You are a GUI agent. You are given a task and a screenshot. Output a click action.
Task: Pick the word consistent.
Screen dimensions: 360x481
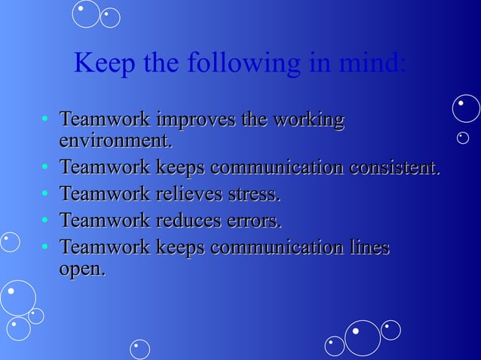point(394,167)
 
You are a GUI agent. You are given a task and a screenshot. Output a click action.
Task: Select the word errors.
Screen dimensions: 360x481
point(255,222)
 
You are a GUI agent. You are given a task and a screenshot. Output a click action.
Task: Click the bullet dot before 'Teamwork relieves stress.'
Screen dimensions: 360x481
point(46,194)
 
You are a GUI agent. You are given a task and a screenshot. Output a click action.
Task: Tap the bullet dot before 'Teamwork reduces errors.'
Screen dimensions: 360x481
point(46,221)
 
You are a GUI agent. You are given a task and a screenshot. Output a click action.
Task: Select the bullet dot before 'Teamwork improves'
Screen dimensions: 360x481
point(46,120)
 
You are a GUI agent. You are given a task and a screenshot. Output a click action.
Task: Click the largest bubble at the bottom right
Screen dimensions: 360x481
point(363,338)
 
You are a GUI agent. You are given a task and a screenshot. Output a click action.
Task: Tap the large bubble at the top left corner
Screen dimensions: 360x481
point(87,13)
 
